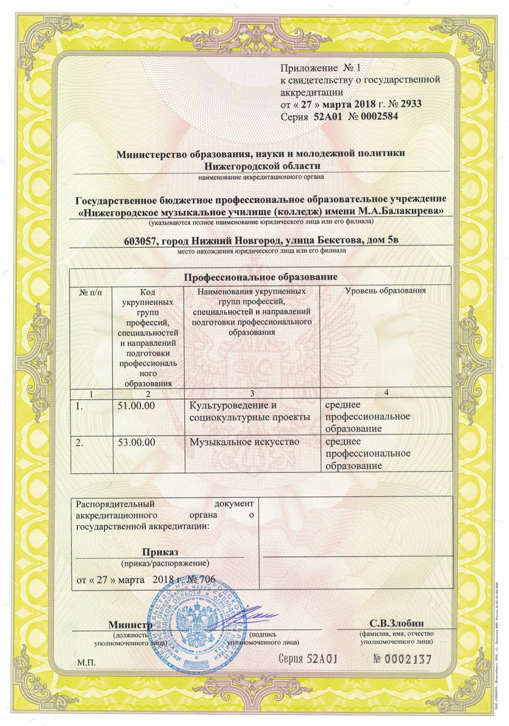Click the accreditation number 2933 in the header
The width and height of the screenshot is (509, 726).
411,104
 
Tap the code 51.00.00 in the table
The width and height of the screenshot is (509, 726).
137,405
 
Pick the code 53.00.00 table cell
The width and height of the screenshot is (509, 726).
137,442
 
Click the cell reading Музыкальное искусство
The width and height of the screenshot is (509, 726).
245,442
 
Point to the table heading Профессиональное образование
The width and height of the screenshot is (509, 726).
261,277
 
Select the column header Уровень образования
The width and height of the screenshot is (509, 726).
385,291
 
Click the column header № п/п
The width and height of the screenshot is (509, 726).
91,292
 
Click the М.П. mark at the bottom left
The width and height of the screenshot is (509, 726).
86,663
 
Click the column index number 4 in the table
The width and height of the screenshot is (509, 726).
386,393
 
